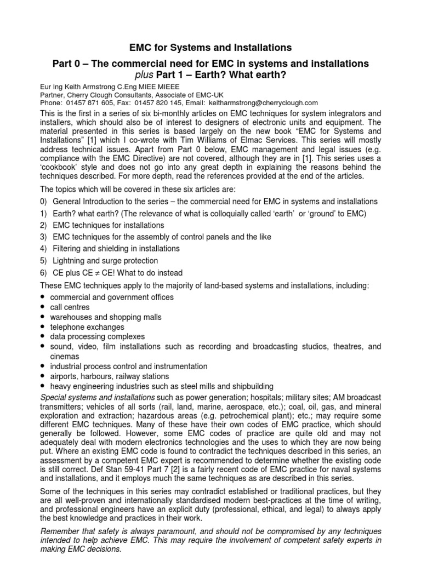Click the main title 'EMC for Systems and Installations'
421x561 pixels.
210,48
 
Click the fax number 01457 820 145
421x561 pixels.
160,102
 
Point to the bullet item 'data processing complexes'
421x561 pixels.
98,336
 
